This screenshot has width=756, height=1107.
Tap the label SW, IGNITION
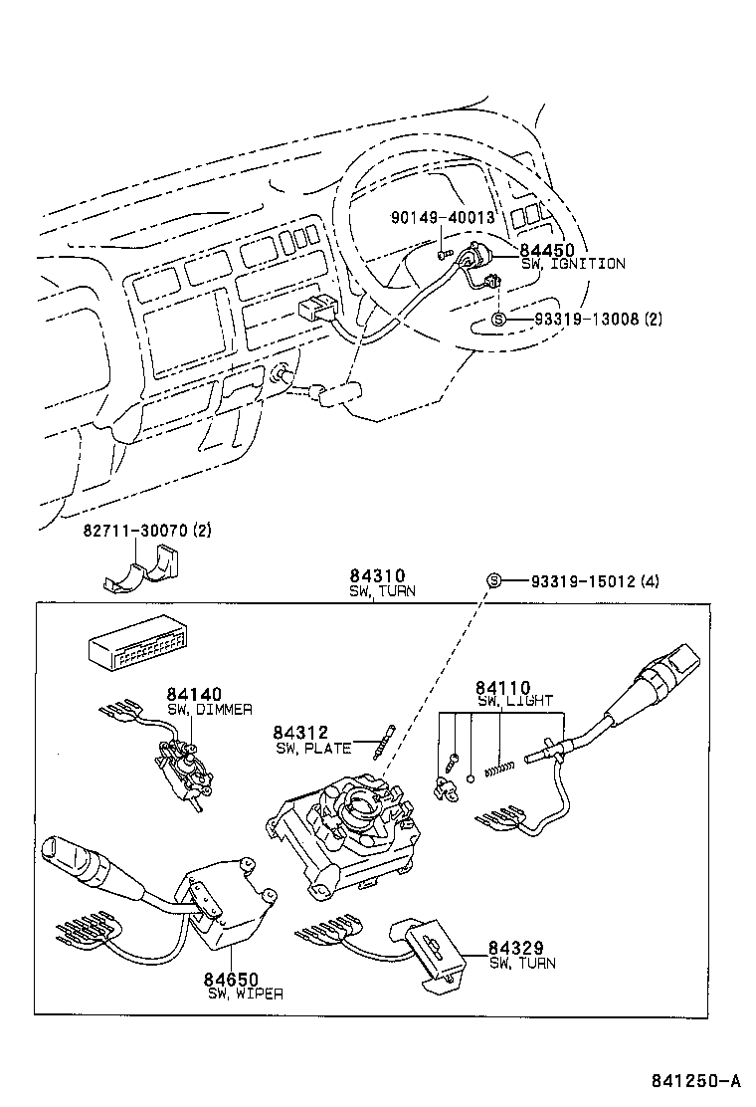573,264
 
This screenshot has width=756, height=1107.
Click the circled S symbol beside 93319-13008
498,320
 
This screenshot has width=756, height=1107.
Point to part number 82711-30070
134,532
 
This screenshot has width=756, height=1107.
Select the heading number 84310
376,575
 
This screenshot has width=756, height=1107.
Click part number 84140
194,694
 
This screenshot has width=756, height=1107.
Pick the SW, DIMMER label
209,709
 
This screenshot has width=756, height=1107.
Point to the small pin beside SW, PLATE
387,745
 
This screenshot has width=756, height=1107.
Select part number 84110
502,687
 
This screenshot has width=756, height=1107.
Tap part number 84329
515,948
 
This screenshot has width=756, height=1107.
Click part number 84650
233,979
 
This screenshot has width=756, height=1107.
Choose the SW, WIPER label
245,994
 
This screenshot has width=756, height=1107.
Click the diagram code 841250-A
696,1081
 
